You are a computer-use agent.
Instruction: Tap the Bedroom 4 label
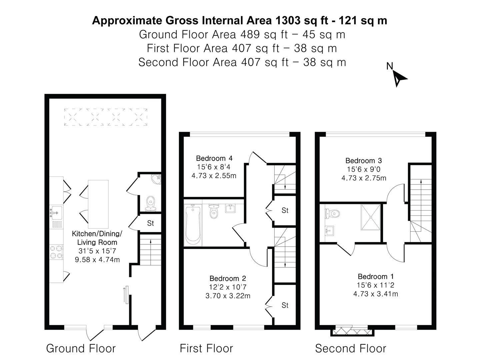point(214,158)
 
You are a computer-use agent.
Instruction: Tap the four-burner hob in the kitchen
point(56,252)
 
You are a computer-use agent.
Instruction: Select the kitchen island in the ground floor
point(98,204)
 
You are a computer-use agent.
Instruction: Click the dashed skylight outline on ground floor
point(106,117)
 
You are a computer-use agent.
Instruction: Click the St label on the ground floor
point(150,223)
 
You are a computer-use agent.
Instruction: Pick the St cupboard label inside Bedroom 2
point(285,305)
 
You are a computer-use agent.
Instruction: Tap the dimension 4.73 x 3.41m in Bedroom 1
point(376,294)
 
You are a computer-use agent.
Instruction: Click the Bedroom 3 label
point(364,161)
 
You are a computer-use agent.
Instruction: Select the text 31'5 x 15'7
point(97,251)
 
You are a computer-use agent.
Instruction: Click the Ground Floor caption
point(81,348)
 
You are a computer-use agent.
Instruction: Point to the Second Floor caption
point(350,348)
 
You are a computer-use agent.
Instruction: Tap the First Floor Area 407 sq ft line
point(242,48)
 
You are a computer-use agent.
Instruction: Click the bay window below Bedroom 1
point(352,332)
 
